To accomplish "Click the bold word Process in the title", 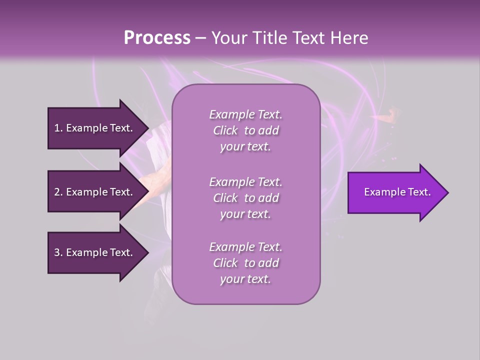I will coord(157,37).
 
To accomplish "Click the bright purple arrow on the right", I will coord(395,192).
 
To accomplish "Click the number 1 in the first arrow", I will coord(57,128).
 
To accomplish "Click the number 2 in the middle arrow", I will coord(57,192).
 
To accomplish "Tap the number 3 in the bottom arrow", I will coord(57,252).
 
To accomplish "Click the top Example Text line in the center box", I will coord(245,114).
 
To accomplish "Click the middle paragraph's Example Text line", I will coord(245,182).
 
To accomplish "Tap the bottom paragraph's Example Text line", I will coord(245,247).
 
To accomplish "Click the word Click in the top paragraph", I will coord(225,130).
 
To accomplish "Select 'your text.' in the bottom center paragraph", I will coord(245,279).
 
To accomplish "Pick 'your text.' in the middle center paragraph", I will coord(245,214).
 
